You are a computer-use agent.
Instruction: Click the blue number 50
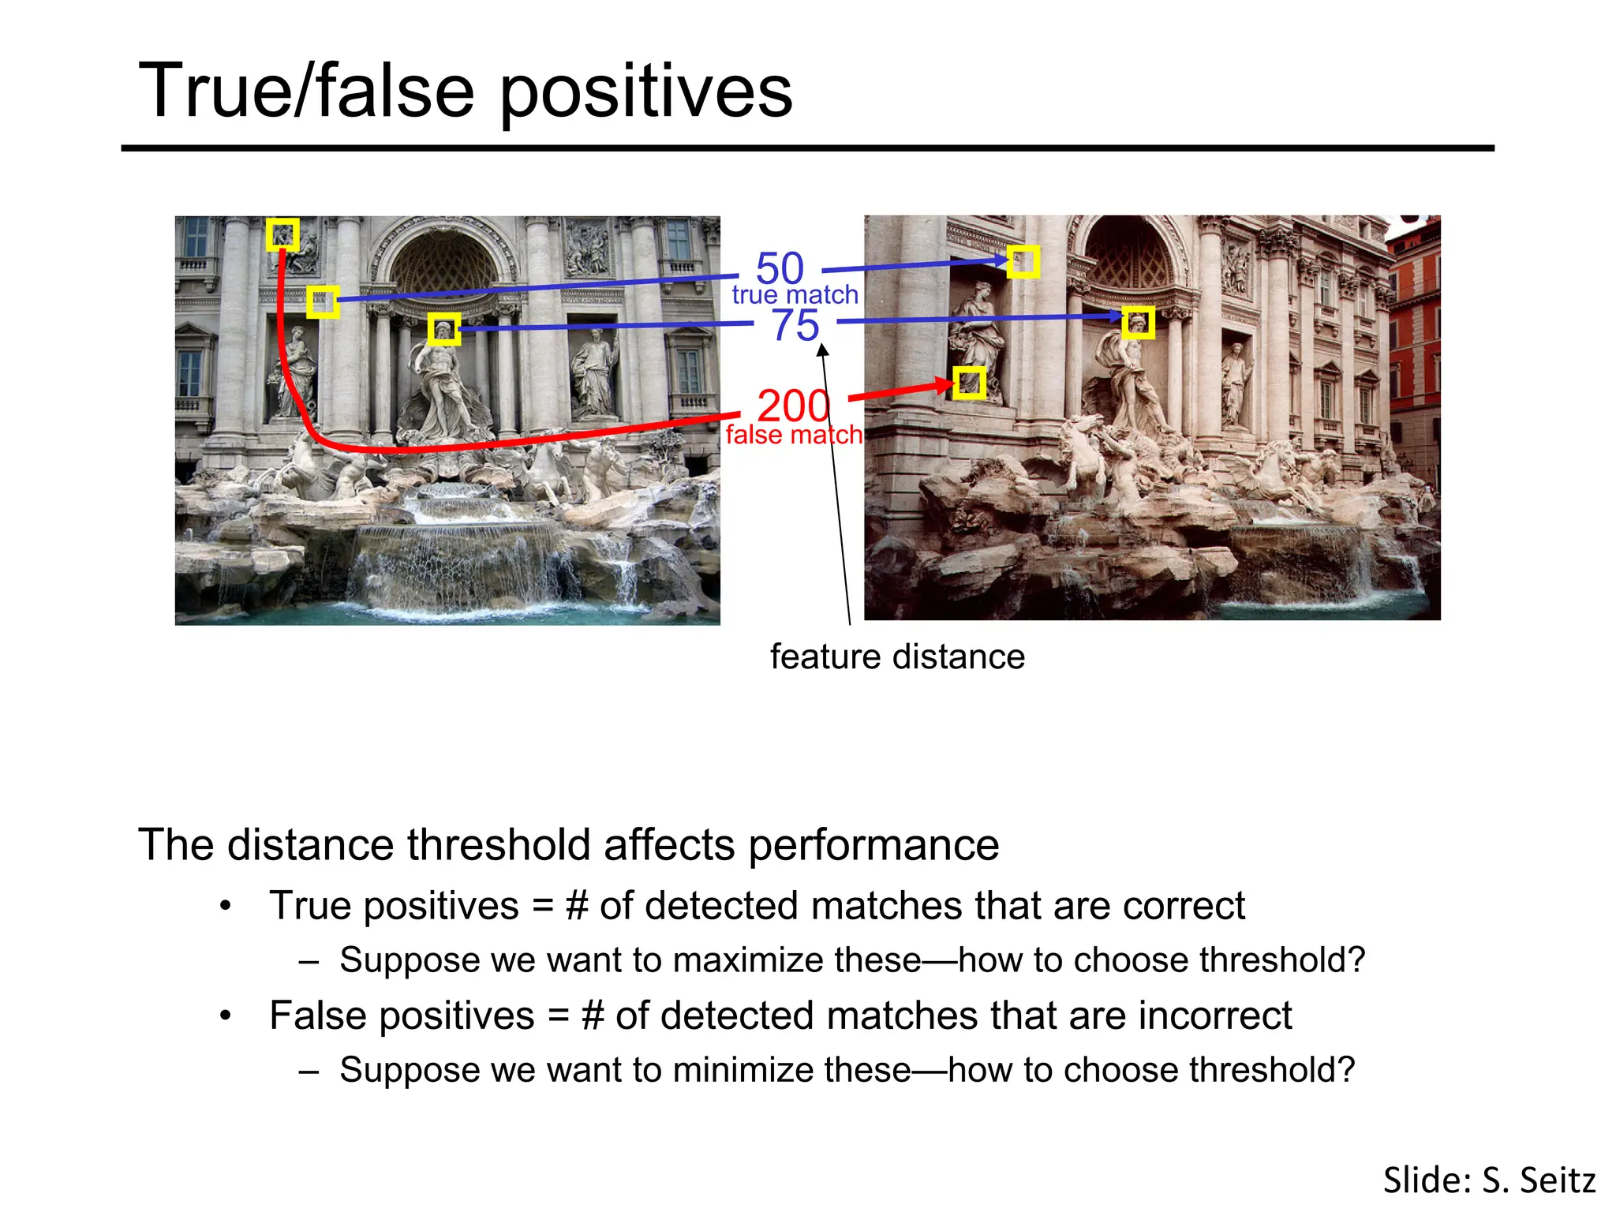pyautogui.click(x=780, y=268)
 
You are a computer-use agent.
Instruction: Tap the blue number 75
pyautogui.click(x=795, y=325)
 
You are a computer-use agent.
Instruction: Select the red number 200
pyautogui.click(x=793, y=406)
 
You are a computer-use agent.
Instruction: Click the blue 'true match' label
pyautogui.click(x=795, y=295)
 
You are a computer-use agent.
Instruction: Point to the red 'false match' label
pyautogui.click(x=793, y=435)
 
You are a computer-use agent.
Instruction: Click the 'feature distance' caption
pyautogui.click(x=897, y=656)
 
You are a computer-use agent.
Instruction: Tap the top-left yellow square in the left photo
pyautogui.click(x=282, y=234)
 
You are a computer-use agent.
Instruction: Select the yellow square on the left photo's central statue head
pyautogui.click(x=444, y=328)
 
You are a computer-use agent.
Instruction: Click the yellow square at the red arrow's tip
pyautogui.click(x=969, y=383)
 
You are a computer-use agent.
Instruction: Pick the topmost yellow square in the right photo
pyautogui.click(x=1023, y=261)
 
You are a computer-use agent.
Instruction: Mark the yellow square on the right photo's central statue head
pyautogui.click(x=1138, y=323)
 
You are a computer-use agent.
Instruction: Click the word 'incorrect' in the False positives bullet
pyautogui.click(x=1214, y=1016)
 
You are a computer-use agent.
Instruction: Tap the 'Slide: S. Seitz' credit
pyautogui.click(x=1489, y=1180)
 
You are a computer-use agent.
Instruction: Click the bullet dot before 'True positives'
pyautogui.click(x=226, y=906)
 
